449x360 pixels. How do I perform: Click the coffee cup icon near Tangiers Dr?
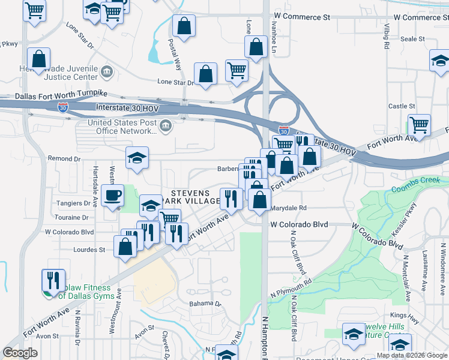[x=112, y=196]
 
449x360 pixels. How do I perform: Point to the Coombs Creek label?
[x=420, y=188]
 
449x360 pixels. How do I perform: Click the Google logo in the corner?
[x=20, y=353]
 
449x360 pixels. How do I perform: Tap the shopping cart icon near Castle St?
[x=419, y=125]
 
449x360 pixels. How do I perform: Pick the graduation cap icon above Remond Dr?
[x=137, y=158]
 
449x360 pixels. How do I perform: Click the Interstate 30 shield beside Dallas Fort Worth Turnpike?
[x=63, y=106]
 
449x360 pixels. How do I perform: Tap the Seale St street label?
[x=412, y=38]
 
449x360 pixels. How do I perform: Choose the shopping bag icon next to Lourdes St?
[x=124, y=248]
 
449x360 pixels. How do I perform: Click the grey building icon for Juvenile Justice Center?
[x=107, y=73]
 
